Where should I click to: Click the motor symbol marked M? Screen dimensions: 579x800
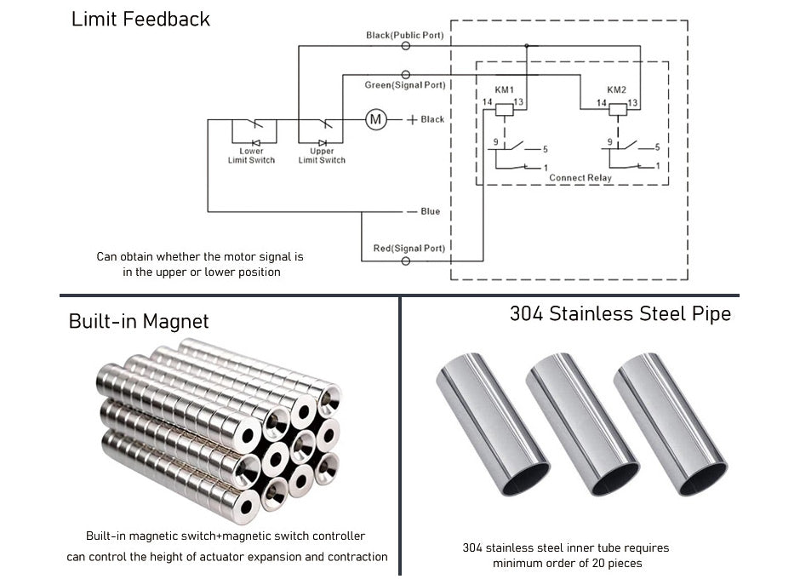point(375,119)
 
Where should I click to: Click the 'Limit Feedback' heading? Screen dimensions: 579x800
point(140,19)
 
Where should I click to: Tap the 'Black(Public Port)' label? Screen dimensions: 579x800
point(405,36)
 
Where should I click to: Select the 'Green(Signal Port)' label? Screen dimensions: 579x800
point(405,85)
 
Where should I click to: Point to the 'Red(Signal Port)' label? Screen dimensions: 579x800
point(409,249)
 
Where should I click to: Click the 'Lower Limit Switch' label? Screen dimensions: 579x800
point(251,156)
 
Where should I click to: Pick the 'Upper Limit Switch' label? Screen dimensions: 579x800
point(322,156)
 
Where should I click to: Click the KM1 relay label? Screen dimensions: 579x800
point(505,89)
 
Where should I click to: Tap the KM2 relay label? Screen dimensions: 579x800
point(617,89)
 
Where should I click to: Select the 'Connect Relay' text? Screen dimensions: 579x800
point(580,178)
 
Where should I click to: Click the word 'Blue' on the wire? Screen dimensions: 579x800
point(431,211)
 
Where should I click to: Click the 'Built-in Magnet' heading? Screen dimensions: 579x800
point(139,321)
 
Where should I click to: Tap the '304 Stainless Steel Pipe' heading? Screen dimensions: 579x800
point(620,313)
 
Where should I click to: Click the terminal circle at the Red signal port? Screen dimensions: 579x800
point(405,261)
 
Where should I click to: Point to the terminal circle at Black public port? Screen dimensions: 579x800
point(405,47)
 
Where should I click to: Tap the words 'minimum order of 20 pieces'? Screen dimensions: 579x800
point(566,563)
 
